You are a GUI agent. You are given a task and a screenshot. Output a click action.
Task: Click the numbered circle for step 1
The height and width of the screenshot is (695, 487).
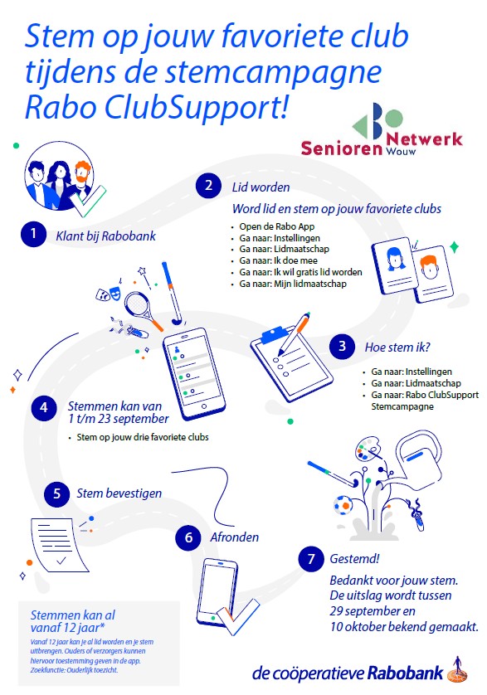tap(33, 234)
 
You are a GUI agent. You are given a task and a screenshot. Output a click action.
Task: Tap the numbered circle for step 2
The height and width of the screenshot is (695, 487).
tap(208, 185)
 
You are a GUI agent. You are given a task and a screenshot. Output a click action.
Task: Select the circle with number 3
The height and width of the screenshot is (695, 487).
tap(342, 346)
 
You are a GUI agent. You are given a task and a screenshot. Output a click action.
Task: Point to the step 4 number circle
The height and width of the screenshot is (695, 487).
tap(44, 407)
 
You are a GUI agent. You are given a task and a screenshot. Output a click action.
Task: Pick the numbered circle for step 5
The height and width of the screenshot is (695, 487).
tap(56, 493)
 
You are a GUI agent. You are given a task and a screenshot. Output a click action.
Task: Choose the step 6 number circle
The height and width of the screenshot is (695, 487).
tap(188, 537)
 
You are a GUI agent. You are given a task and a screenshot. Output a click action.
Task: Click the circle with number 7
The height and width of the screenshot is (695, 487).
tap(311, 559)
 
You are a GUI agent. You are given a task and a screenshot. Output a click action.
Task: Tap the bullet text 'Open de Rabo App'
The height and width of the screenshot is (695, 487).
tap(277, 226)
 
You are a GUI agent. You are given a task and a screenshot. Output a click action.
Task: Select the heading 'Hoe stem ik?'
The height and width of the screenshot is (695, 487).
tap(397, 347)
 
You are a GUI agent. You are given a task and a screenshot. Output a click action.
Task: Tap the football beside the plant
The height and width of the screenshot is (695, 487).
tap(343, 505)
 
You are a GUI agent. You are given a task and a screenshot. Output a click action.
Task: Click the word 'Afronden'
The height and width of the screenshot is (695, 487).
tap(234, 537)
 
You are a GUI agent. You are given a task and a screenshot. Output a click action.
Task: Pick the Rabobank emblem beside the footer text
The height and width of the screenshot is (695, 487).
tap(457, 671)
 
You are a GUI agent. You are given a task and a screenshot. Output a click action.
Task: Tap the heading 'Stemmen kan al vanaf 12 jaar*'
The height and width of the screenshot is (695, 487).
tap(73, 621)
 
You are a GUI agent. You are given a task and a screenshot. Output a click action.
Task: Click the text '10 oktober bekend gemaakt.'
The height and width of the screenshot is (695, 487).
tap(404, 627)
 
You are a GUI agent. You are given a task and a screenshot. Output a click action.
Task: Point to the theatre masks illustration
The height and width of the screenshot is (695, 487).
tap(108, 292)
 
